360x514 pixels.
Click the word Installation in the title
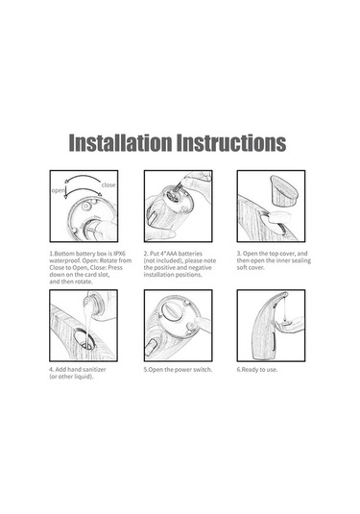coord(120,142)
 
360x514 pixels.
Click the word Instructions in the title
coord(231,142)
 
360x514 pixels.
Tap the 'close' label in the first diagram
coord(108,184)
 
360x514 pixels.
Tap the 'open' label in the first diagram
coord(58,191)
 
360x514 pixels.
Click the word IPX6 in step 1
coord(119,254)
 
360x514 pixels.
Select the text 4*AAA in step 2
coord(168,254)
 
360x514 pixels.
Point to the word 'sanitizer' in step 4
coord(94,370)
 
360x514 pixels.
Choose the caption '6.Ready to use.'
coord(257,370)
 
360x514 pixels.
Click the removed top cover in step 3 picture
coord(283,191)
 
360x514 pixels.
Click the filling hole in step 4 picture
coord(84,339)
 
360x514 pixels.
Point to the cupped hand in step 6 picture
coord(288,325)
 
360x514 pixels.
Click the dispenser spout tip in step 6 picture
coord(286,294)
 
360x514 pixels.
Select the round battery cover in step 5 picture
coord(171,311)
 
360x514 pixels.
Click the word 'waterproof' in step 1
coord(62,260)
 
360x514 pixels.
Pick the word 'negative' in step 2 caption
coord(200,268)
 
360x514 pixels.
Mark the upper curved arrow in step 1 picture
coord(83,177)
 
